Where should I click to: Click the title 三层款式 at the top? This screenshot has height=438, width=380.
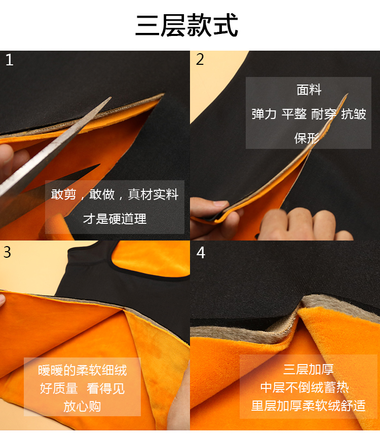(186, 25)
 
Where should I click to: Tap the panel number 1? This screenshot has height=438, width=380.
(9, 60)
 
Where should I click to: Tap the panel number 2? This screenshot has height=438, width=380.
(200, 59)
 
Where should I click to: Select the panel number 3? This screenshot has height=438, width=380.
(7, 252)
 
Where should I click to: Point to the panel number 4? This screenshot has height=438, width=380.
(201, 253)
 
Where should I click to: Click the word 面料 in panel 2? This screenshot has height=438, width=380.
(309, 90)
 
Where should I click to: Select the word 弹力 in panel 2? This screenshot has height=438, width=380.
(264, 114)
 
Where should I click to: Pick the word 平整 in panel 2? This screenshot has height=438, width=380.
(294, 114)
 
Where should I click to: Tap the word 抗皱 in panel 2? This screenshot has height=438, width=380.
(354, 114)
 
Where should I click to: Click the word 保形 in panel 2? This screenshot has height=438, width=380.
(307, 138)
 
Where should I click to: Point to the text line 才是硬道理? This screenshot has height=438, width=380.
(115, 219)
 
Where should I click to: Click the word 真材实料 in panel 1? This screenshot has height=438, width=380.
(153, 194)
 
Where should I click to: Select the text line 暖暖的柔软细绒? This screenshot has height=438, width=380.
(83, 370)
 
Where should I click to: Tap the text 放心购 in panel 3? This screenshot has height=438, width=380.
(82, 407)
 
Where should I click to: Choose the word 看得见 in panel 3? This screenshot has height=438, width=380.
(105, 388)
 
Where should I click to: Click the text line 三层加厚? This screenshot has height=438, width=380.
(308, 369)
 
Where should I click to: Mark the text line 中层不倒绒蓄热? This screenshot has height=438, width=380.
(305, 387)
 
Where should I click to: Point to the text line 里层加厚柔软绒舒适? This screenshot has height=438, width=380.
(308, 406)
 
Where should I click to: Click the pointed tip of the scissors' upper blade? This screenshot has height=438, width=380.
(110, 98)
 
